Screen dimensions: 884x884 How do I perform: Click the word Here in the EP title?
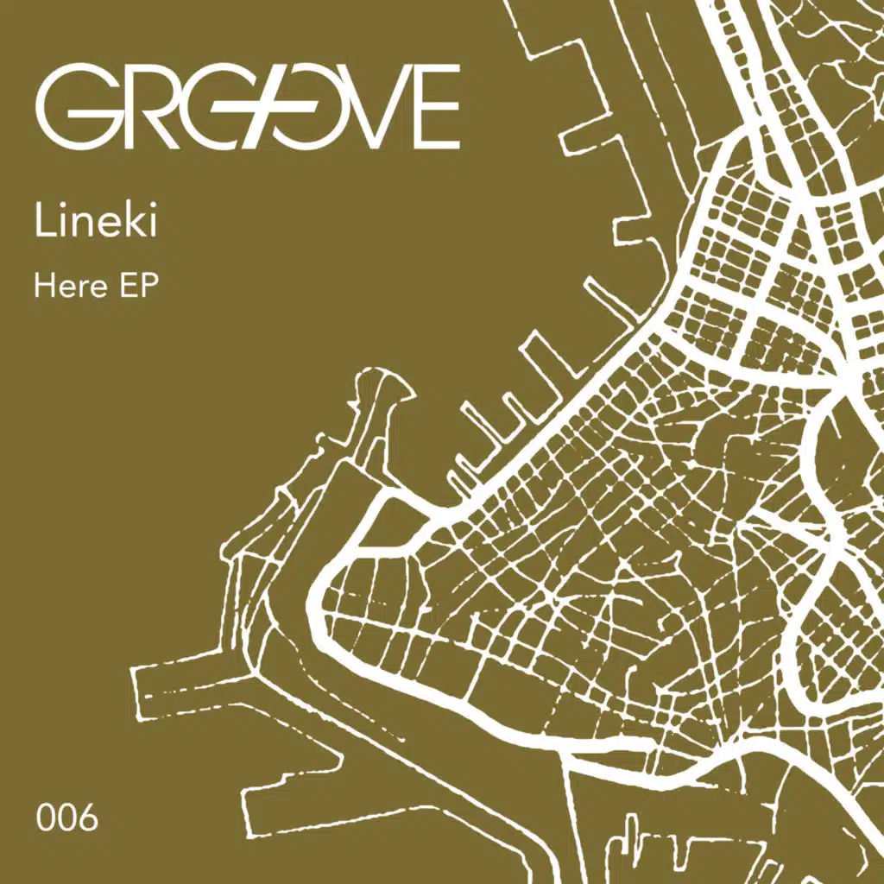pos(66,286)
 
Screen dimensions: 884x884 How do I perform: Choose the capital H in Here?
pos(44,286)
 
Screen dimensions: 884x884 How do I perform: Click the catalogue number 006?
pos(67,817)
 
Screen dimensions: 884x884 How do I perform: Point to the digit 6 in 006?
pos(87,817)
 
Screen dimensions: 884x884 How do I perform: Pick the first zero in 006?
pos(46,817)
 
